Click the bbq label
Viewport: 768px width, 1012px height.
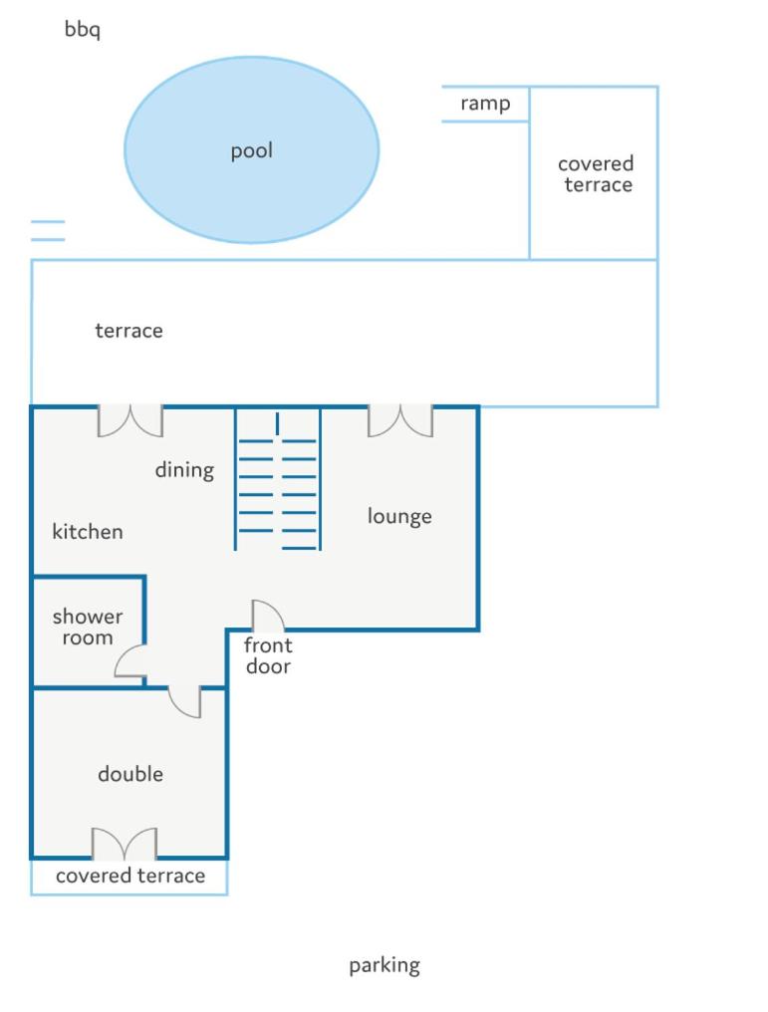pos(82,30)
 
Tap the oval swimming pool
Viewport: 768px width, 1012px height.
pos(252,149)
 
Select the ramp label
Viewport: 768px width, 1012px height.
pos(485,104)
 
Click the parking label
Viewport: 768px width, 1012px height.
pos(384,965)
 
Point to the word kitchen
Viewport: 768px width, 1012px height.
pos(88,531)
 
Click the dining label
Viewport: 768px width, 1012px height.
pos(184,470)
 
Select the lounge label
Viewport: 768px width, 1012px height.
pos(399,516)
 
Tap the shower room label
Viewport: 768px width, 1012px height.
pos(88,627)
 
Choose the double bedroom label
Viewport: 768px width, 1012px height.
pos(130,774)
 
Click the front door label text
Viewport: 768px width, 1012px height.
pos(268,655)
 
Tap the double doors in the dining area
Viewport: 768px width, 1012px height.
pos(130,420)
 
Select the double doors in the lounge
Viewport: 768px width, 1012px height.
pos(400,420)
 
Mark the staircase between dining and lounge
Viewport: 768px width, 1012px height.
pos(278,480)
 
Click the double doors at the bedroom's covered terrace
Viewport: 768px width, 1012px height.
pos(124,844)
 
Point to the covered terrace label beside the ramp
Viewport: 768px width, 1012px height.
pos(596,174)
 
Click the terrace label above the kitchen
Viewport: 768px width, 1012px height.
pos(129,331)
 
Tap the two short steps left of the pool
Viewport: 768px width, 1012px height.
pos(48,230)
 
